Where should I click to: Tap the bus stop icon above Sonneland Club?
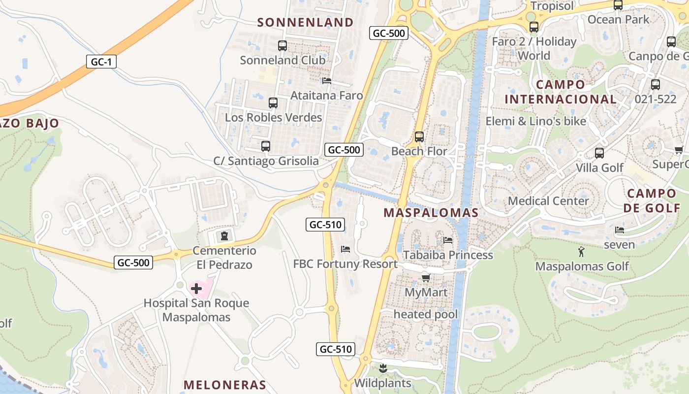pos(282,46)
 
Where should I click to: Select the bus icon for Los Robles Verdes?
pos(273,103)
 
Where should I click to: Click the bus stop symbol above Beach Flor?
pos(419,137)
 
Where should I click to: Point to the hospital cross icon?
pos(196,288)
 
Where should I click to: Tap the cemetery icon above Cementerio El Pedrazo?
pos(224,236)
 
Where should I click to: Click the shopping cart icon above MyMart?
pos(426,278)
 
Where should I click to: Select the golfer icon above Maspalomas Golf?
pos(581,252)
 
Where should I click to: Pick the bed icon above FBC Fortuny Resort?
pos(345,249)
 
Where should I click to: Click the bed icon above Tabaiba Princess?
pos(448,240)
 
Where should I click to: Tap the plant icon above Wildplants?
pos(383,368)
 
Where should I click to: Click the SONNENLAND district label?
pos(305,22)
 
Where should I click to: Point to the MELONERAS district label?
pos(225,385)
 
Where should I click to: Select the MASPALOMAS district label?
pos(431,213)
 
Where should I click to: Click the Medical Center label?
pos(548,201)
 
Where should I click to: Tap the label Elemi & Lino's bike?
pos(536,121)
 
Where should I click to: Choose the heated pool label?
pos(426,314)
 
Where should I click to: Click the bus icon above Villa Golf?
pos(599,153)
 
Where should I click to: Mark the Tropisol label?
pos(552,6)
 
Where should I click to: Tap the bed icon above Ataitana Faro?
pos(326,81)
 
